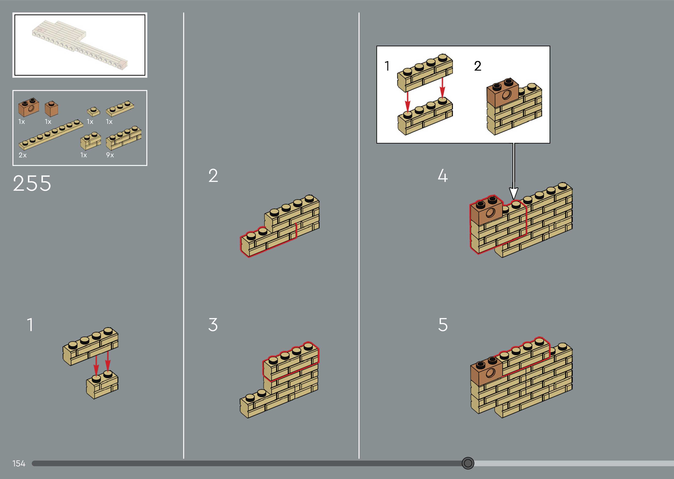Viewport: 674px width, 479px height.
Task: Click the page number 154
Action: [x=19, y=463]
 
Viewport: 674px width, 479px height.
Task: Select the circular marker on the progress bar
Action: [x=468, y=463]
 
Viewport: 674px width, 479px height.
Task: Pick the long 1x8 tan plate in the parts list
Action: [x=51, y=135]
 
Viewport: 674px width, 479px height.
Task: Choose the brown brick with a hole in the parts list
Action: [x=29, y=107]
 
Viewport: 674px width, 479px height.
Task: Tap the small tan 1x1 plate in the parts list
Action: [x=94, y=112]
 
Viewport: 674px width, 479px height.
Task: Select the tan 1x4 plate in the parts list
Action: [x=120, y=108]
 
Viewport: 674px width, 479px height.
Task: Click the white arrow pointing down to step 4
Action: [x=514, y=171]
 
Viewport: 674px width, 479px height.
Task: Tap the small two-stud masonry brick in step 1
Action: [x=102, y=385]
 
